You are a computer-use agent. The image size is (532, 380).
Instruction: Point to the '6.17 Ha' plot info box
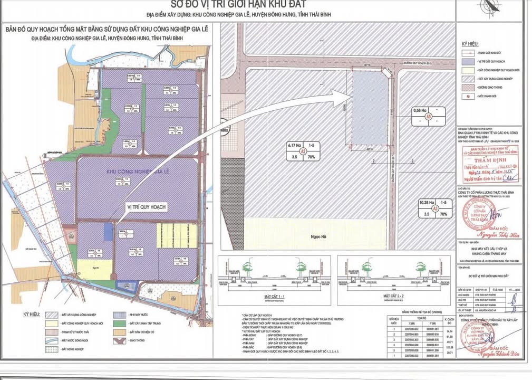point(303,150)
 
